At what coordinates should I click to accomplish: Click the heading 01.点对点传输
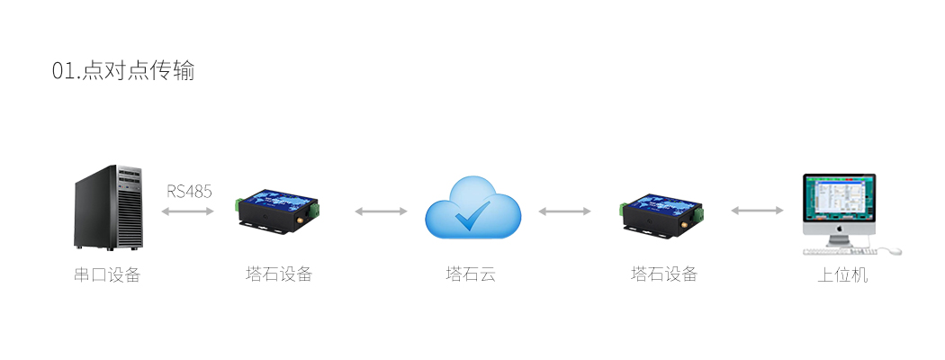[123, 70]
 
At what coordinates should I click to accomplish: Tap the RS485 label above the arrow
[189, 192]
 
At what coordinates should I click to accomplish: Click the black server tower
[109, 207]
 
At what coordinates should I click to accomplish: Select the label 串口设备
[107, 275]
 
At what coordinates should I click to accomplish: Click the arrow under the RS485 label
[187, 211]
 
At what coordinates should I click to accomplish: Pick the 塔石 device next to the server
[276, 211]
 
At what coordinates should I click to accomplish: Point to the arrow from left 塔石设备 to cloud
[381, 211]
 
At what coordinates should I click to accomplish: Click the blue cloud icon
[472, 207]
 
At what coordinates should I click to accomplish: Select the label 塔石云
[471, 275]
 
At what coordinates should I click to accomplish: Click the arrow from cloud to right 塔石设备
[564, 211]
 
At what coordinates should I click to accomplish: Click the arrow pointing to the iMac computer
[758, 211]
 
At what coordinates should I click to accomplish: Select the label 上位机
[842, 275]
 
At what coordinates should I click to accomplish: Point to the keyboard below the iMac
[840, 251]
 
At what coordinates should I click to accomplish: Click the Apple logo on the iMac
[839, 229]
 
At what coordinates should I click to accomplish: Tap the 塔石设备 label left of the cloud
[279, 274]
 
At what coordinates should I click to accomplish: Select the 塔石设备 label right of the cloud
[664, 274]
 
